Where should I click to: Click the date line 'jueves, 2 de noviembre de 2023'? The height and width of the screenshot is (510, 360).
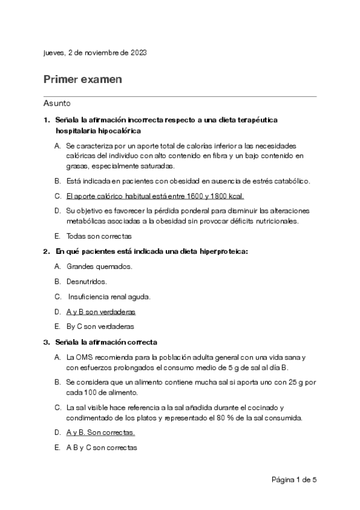click(95, 53)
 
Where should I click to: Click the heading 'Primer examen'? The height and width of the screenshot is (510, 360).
click(82, 79)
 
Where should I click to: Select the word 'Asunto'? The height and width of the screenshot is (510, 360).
click(57, 103)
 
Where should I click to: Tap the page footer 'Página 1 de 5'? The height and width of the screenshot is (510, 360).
click(294, 480)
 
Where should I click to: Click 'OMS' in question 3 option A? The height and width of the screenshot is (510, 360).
click(85, 357)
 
